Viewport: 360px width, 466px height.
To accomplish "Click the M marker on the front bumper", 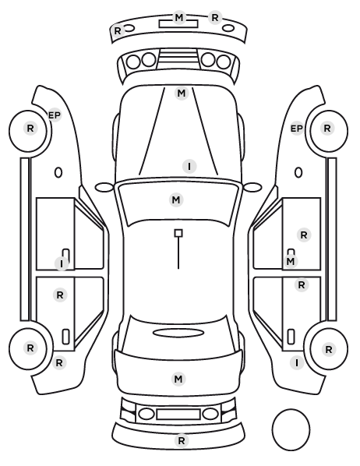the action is click(179, 18).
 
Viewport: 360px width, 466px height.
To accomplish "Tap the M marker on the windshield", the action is click(176, 199).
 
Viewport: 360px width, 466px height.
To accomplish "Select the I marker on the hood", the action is click(189, 166).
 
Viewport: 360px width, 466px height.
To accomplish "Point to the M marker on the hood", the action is click(182, 94).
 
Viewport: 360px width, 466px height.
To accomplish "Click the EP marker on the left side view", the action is click(55, 115).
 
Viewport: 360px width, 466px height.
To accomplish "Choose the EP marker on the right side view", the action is click(296, 129).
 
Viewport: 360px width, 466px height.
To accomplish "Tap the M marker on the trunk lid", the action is click(178, 379).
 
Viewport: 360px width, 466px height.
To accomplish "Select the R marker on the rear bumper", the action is click(182, 440).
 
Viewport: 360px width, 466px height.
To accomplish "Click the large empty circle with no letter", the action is click(291, 429).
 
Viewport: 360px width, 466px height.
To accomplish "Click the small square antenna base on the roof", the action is click(178, 233).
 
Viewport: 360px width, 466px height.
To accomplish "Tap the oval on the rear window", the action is click(178, 333).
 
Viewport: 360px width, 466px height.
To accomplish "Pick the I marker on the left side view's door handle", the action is click(62, 263).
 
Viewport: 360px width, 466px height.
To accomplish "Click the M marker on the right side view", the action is click(290, 262).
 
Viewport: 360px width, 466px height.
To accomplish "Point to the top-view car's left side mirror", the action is click(104, 187).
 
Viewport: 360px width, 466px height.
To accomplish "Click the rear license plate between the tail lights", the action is click(178, 415).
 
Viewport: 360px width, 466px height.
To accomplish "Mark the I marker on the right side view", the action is click(297, 363).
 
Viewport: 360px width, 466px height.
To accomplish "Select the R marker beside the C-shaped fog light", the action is click(118, 30).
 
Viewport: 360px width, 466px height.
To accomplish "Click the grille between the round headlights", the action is click(178, 59).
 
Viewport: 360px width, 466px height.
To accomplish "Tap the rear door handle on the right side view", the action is click(291, 337).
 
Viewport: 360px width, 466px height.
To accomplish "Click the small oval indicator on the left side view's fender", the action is click(58, 173).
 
